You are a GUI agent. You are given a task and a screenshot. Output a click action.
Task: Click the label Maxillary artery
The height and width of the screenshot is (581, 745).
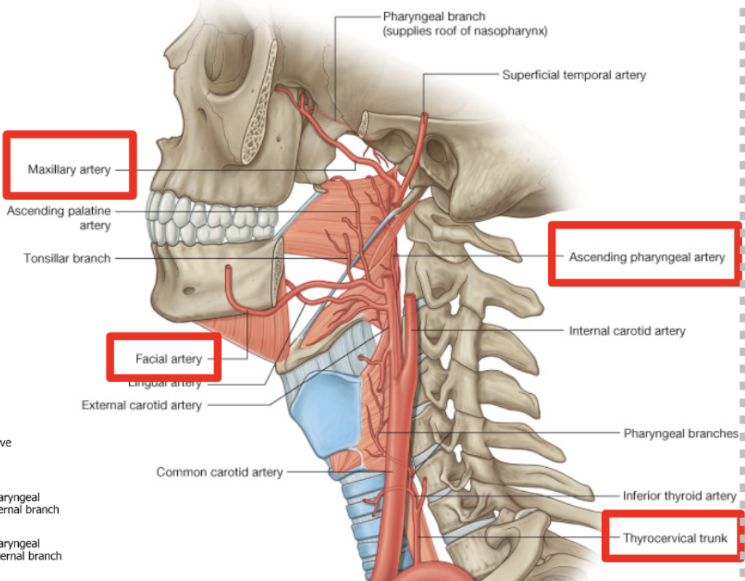69,170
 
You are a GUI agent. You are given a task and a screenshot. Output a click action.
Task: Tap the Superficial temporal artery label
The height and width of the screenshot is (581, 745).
574,75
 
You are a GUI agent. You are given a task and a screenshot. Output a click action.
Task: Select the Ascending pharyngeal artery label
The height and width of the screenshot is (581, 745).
646,257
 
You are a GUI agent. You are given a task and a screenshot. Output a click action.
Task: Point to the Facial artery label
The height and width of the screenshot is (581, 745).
168,359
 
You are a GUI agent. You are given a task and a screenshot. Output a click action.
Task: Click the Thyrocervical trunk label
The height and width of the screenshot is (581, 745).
675,538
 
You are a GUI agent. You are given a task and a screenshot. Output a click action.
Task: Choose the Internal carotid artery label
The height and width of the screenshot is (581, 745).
627,331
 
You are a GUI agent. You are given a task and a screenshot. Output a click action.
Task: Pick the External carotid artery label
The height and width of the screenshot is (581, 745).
141,405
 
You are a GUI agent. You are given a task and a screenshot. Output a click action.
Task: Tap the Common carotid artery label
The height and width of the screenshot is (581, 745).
219,472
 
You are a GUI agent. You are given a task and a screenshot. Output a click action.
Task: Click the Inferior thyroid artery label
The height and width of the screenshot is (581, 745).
679,496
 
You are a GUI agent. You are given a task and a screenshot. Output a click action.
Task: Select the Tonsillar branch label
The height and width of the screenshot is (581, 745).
67,258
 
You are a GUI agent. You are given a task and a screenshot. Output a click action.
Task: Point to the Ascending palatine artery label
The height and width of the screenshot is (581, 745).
59,218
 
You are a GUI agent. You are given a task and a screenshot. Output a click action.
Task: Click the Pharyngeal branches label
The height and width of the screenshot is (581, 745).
680,434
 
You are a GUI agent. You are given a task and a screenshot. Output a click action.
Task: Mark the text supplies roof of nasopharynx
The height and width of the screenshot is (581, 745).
465,31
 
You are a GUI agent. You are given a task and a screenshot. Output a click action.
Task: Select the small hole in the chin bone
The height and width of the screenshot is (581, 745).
189,290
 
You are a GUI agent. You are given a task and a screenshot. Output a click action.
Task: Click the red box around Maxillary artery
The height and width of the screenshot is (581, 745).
70,135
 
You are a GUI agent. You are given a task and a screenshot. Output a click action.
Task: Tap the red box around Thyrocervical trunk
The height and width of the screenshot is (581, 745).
673,514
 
